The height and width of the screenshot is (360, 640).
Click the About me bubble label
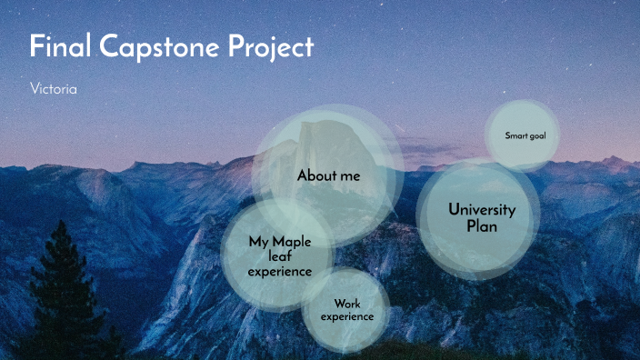coord(328,175)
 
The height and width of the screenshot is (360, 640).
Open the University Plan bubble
coord(481,217)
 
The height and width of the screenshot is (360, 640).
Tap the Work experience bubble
coord(346,310)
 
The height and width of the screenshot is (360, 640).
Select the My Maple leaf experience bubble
coord(279,256)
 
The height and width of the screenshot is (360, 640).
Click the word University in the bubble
coord(482,209)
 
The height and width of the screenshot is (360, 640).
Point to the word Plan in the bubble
coord(482,226)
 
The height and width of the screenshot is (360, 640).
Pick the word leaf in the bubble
coord(279,256)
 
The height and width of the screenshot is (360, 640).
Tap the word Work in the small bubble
coord(347,304)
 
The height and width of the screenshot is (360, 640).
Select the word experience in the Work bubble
coord(346,316)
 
